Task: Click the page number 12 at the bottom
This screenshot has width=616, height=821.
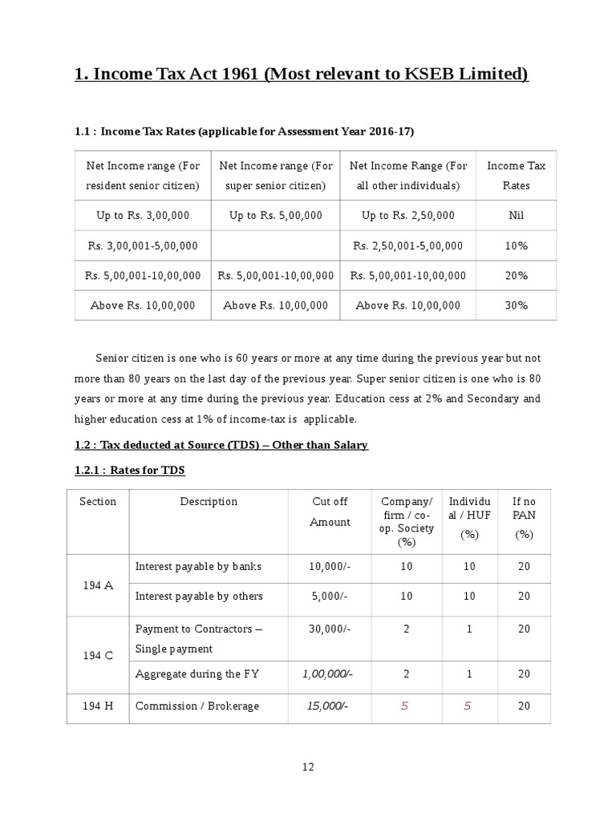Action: coord(308,766)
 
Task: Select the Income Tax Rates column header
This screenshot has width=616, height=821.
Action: coord(516,176)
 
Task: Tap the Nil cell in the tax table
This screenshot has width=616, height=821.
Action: coord(516,216)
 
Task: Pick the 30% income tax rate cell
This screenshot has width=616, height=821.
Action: coord(516,305)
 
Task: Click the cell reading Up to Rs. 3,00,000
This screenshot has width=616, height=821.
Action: coord(143,216)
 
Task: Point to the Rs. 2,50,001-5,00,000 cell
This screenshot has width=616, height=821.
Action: coord(407,245)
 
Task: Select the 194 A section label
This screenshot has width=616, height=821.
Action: coord(98,585)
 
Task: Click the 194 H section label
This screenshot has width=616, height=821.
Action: coord(98,706)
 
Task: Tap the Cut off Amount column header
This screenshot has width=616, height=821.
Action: coord(330,512)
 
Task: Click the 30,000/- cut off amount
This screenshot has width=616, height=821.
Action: coord(330,629)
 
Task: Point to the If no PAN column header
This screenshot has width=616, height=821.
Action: coord(524,517)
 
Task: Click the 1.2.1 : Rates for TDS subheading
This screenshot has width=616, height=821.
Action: coord(130,471)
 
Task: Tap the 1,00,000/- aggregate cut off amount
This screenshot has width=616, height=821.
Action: coord(327,674)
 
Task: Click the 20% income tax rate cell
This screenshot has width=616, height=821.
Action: coord(516,276)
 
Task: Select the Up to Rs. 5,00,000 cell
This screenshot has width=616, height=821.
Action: coord(275,216)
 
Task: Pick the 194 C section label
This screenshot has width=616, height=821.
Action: coord(98,655)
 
